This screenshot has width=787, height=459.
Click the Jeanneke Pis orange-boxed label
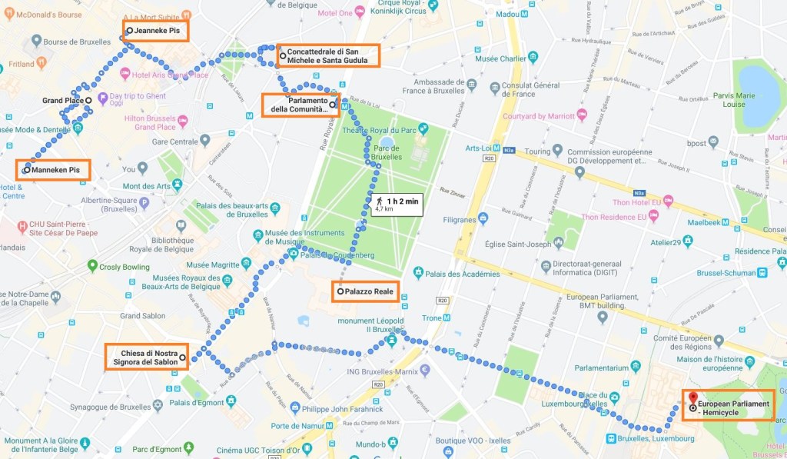click(156, 31)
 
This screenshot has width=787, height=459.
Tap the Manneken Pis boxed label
click(52, 170)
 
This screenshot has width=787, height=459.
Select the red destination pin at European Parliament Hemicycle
click(693, 397)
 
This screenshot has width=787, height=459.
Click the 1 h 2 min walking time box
click(397, 204)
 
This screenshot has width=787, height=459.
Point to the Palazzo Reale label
click(365, 291)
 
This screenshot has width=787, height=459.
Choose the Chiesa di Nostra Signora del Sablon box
click(146, 358)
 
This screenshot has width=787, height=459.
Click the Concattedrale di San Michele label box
click(327, 55)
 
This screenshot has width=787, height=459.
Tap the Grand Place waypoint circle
click(88, 100)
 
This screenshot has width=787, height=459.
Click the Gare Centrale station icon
click(204, 141)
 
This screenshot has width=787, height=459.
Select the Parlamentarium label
click(592, 367)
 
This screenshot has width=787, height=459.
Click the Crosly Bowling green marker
click(92, 266)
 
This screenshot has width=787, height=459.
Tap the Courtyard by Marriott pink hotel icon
click(582, 115)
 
